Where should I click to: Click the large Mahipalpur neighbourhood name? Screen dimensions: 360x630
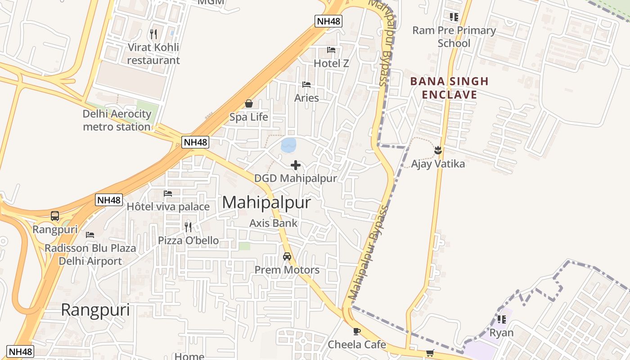click(x=266, y=202)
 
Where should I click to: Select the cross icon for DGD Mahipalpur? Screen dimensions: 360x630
click(x=296, y=166)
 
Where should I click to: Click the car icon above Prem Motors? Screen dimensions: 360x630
click(x=287, y=256)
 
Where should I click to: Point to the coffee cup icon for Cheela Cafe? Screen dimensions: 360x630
click(x=357, y=332)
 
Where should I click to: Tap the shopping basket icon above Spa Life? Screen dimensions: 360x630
click(x=249, y=104)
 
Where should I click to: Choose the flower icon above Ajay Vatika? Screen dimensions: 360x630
click(x=438, y=150)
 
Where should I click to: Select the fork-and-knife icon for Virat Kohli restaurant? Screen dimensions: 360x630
click(x=153, y=34)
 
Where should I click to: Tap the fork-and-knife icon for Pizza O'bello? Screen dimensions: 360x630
click(x=188, y=227)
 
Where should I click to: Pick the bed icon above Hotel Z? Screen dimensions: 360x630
click(x=331, y=50)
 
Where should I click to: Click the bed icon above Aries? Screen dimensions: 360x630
click(x=306, y=85)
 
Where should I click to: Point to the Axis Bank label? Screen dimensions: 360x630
click(x=274, y=223)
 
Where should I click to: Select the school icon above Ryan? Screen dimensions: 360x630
click(x=502, y=319)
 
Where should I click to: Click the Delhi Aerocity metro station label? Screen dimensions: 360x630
click(x=117, y=120)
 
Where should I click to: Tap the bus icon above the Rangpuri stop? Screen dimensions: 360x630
click(x=55, y=216)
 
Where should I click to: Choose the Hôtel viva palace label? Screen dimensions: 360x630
click(x=168, y=207)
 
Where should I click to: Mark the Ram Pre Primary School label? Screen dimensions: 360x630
click(x=454, y=37)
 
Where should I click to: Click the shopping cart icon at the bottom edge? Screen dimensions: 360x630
click(x=430, y=353)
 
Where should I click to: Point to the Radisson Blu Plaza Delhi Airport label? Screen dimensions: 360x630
click(x=90, y=255)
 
